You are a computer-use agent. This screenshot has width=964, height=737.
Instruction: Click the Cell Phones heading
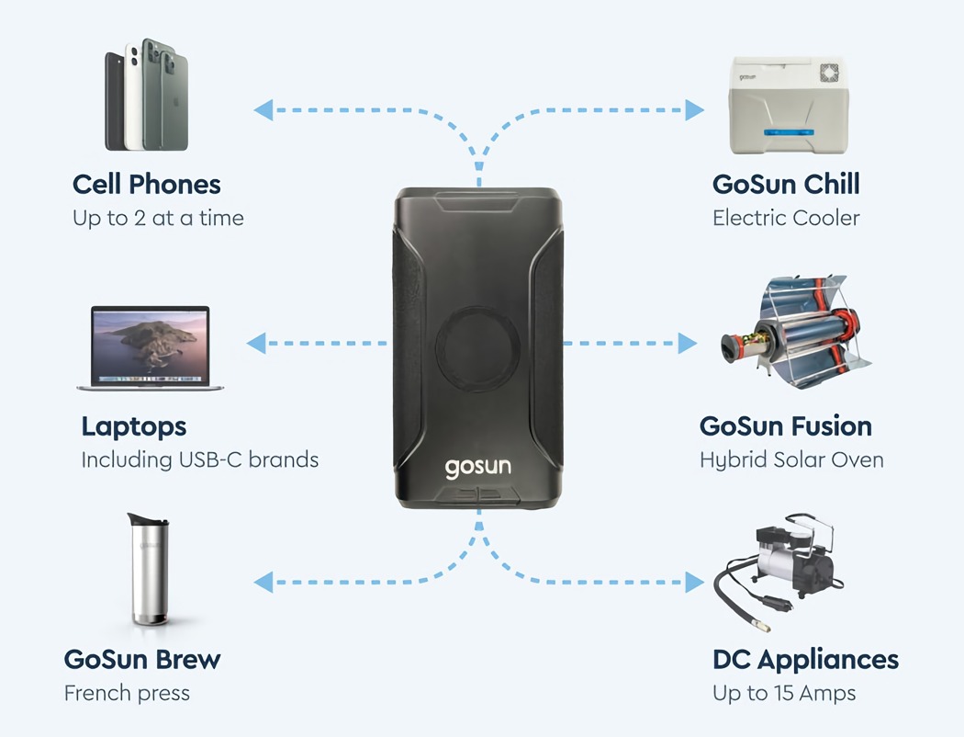point(147,185)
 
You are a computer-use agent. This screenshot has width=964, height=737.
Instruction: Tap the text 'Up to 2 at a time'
point(158,219)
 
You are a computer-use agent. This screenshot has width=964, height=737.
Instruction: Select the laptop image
point(151,346)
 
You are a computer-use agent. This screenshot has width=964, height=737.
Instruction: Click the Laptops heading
point(134,426)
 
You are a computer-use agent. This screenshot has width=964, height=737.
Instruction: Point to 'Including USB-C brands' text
point(200,459)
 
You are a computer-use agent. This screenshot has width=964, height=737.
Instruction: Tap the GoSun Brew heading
point(142,660)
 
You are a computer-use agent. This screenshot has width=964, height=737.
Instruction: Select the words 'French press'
point(127,693)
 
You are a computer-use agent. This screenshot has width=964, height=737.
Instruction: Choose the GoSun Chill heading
point(786,185)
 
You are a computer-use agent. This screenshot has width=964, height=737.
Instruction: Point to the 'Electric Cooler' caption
point(786,219)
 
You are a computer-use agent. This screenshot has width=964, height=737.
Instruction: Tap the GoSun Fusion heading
point(786,426)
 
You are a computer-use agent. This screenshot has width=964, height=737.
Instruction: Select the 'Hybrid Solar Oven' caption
point(791,459)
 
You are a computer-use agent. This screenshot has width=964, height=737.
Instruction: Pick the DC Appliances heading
point(805,660)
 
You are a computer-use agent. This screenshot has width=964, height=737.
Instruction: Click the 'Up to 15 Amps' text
point(784,693)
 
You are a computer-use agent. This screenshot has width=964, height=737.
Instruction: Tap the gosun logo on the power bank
point(478,467)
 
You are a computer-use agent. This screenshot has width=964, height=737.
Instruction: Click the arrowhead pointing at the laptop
point(256,344)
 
